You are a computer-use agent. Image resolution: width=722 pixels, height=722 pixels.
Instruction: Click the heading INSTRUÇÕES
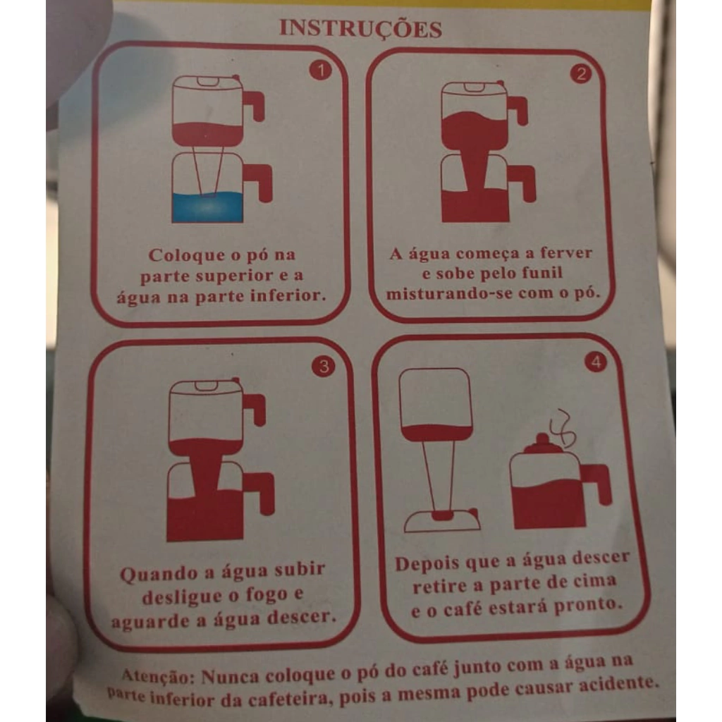click(360, 28)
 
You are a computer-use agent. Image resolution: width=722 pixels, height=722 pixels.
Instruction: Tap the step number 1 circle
click(321, 71)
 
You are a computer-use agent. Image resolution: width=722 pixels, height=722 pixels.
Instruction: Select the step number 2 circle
click(581, 73)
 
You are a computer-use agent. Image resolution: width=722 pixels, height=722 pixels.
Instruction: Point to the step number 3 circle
click(324, 367)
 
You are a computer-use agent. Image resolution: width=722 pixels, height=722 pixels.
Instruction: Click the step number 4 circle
click(596, 362)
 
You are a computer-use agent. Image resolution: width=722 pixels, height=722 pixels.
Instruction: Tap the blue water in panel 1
click(207, 207)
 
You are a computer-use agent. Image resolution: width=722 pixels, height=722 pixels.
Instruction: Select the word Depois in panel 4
click(427, 563)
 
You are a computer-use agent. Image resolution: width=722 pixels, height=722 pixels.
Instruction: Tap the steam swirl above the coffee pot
click(562, 428)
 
